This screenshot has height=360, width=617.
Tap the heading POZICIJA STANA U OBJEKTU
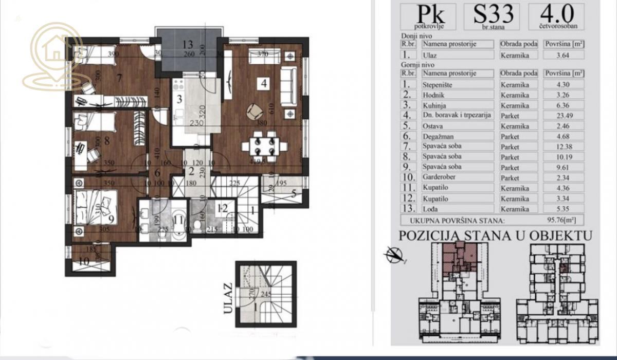pos(495,236)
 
